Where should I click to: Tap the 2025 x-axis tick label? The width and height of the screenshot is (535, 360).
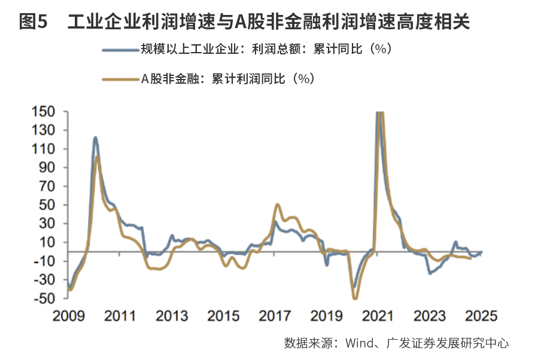coord(482,315)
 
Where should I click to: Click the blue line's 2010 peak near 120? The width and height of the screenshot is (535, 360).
coord(95,138)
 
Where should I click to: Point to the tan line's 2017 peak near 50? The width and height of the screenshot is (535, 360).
coord(277,205)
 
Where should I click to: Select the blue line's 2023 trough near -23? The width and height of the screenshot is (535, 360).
coord(430,273)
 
